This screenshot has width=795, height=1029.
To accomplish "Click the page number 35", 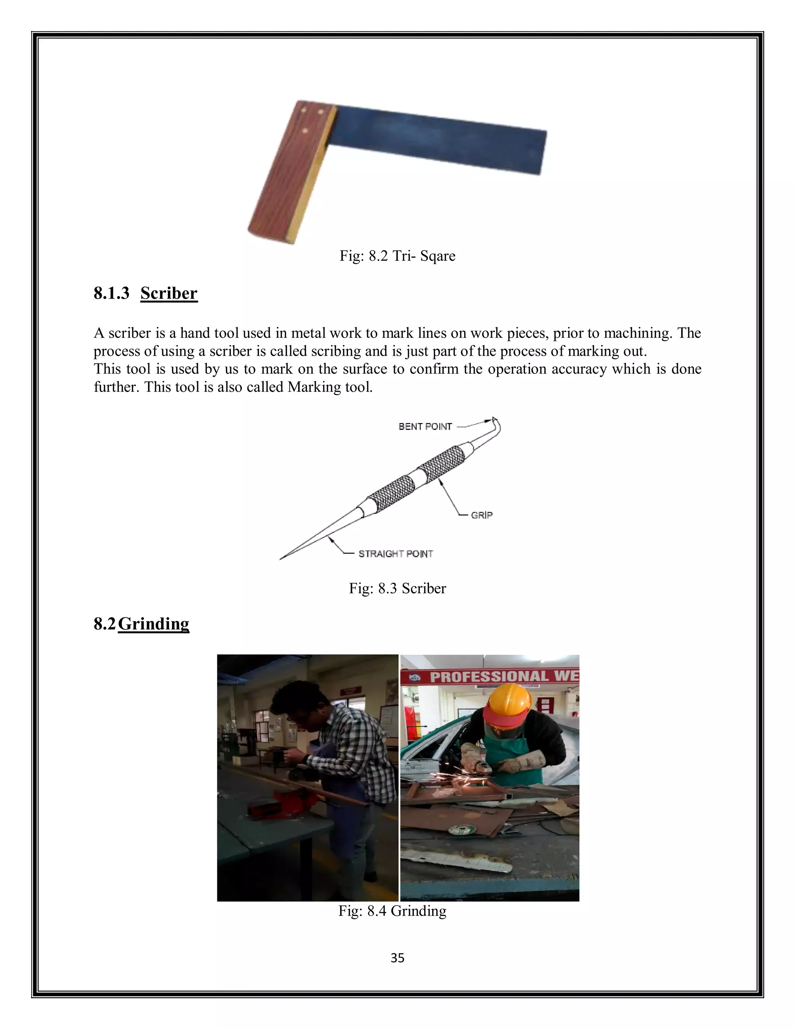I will pos(397,958).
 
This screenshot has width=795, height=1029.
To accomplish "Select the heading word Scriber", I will pos(168,293).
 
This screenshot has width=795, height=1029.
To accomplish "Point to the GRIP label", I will pos(481,515).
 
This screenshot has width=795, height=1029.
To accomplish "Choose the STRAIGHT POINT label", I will pos(396,554).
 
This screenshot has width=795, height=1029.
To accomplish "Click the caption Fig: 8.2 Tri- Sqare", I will pos(397,256).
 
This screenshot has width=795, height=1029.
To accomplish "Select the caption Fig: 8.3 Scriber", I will pos(397,588).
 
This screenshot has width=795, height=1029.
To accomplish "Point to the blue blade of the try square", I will pos(438,139).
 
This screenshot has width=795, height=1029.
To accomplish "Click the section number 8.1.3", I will pos(111,293).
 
